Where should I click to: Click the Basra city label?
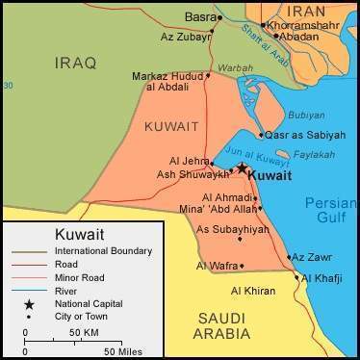(199, 17)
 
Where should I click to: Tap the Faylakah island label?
(315, 154)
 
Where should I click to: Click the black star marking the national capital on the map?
(242, 167)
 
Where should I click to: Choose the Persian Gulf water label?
(330, 211)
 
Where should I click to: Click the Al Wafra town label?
(216, 265)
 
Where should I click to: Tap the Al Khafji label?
(325, 278)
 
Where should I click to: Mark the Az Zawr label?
(312, 257)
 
